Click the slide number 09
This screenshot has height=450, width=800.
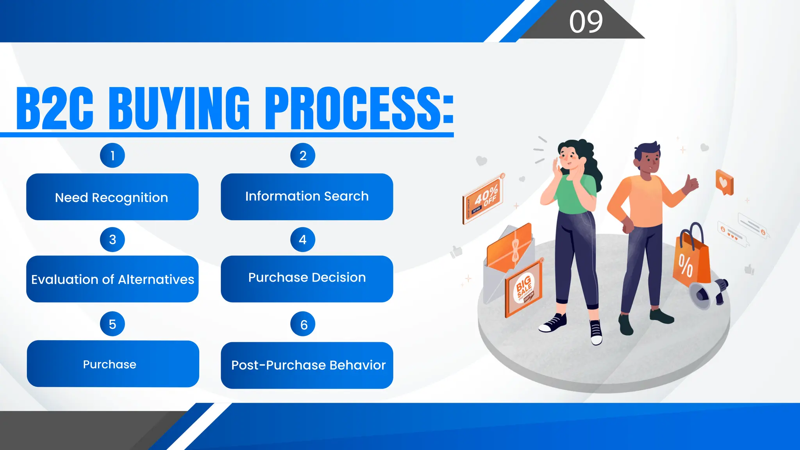pyautogui.click(x=586, y=21)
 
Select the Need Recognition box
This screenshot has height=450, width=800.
pyautogui.click(x=112, y=197)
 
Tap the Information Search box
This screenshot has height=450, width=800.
pyautogui.click(x=307, y=196)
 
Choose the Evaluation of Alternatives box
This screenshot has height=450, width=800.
pyautogui.click(x=112, y=279)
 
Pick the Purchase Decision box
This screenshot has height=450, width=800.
pyautogui.click(x=307, y=278)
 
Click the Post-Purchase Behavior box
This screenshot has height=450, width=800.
pyautogui.click(x=307, y=365)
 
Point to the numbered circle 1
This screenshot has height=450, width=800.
pyautogui.click(x=112, y=155)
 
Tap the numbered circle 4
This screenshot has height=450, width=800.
pyautogui.click(x=303, y=239)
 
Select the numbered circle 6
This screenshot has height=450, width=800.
pyautogui.click(x=303, y=324)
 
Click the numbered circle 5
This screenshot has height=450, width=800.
pyautogui.click(x=112, y=324)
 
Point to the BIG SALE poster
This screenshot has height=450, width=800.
pyautogui.click(x=524, y=288)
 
